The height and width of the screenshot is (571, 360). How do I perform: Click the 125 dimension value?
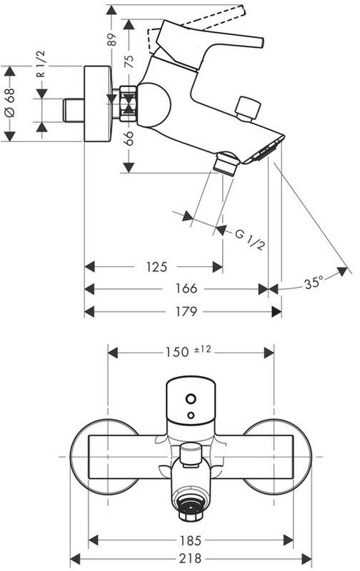[x=156, y=267]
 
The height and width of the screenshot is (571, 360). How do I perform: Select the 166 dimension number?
[x=186, y=289]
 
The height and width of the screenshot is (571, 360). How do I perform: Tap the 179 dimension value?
[x=186, y=311]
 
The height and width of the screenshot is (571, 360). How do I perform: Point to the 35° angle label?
[x=314, y=283]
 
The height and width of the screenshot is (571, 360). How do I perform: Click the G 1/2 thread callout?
[x=249, y=239]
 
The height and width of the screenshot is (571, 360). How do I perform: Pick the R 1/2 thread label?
[x=41, y=64]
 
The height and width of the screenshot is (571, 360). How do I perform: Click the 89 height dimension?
[x=113, y=39]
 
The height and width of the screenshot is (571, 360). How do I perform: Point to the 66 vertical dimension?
[x=129, y=138]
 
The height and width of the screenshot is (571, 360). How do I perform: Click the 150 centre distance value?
[x=177, y=352]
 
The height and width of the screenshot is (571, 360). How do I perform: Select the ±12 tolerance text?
[x=203, y=350]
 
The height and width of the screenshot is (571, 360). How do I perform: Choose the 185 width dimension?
[x=191, y=540]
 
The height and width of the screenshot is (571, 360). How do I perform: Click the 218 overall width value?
[x=190, y=558]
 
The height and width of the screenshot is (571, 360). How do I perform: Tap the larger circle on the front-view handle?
[x=191, y=399]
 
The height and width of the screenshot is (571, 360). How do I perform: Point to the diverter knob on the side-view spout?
[x=248, y=108]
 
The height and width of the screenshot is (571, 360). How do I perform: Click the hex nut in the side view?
[x=129, y=103]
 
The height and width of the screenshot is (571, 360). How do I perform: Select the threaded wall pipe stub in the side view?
[x=74, y=110]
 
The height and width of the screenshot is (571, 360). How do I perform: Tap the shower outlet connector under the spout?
[x=226, y=163]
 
